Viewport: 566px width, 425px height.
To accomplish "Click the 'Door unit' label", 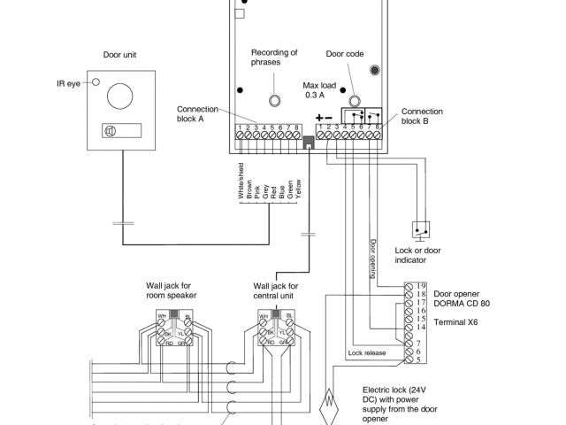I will (120, 54).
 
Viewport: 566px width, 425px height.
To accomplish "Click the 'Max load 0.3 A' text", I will (322, 89).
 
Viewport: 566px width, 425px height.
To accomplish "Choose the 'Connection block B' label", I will (421, 117).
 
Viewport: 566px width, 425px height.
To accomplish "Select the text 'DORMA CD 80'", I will (454, 303).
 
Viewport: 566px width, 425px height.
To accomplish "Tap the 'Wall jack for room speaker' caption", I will (169, 291).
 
